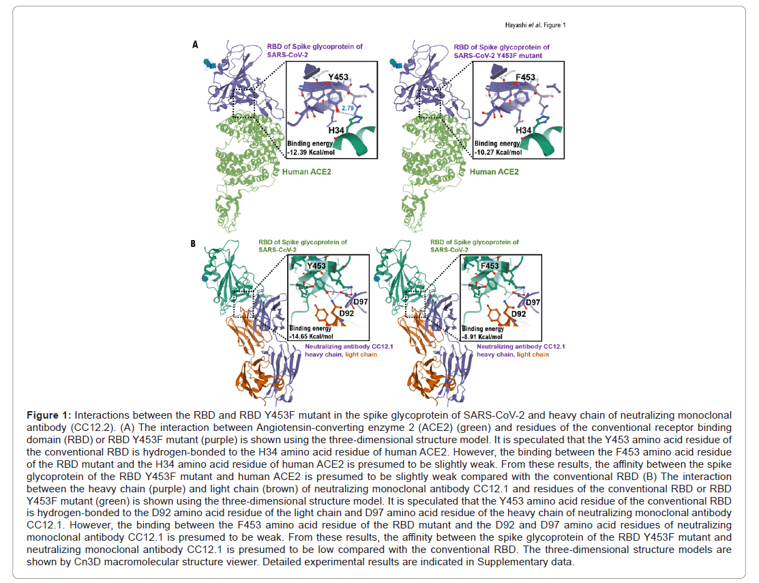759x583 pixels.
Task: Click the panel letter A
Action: (x=195, y=44)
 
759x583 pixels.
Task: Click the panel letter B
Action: (x=193, y=243)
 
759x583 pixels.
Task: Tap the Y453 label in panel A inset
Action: (x=338, y=77)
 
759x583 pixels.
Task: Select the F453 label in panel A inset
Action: (x=525, y=78)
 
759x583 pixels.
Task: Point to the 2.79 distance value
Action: (x=348, y=108)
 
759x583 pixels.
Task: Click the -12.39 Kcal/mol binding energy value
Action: (x=311, y=153)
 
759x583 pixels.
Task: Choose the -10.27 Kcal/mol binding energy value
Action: (x=498, y=153)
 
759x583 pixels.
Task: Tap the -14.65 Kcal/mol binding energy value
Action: (x=311, y=336)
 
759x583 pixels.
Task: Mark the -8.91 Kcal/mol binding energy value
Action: (x=482, y=337)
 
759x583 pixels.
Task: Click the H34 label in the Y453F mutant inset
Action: (x=523, y=131)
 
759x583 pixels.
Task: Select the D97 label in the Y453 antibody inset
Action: (x=361, y=302)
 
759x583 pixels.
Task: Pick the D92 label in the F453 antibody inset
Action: (x=518, y=314)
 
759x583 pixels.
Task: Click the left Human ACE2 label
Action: (x=307, y=172)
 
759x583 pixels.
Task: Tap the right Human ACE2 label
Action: (x=494, y=172)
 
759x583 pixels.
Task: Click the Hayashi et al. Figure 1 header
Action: (x=535, y=25)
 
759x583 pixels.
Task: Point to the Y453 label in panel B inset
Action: (x=316, y=266)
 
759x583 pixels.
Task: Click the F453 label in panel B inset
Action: (x=490, y=266)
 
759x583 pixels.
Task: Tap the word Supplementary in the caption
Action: (x=511, y=562)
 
